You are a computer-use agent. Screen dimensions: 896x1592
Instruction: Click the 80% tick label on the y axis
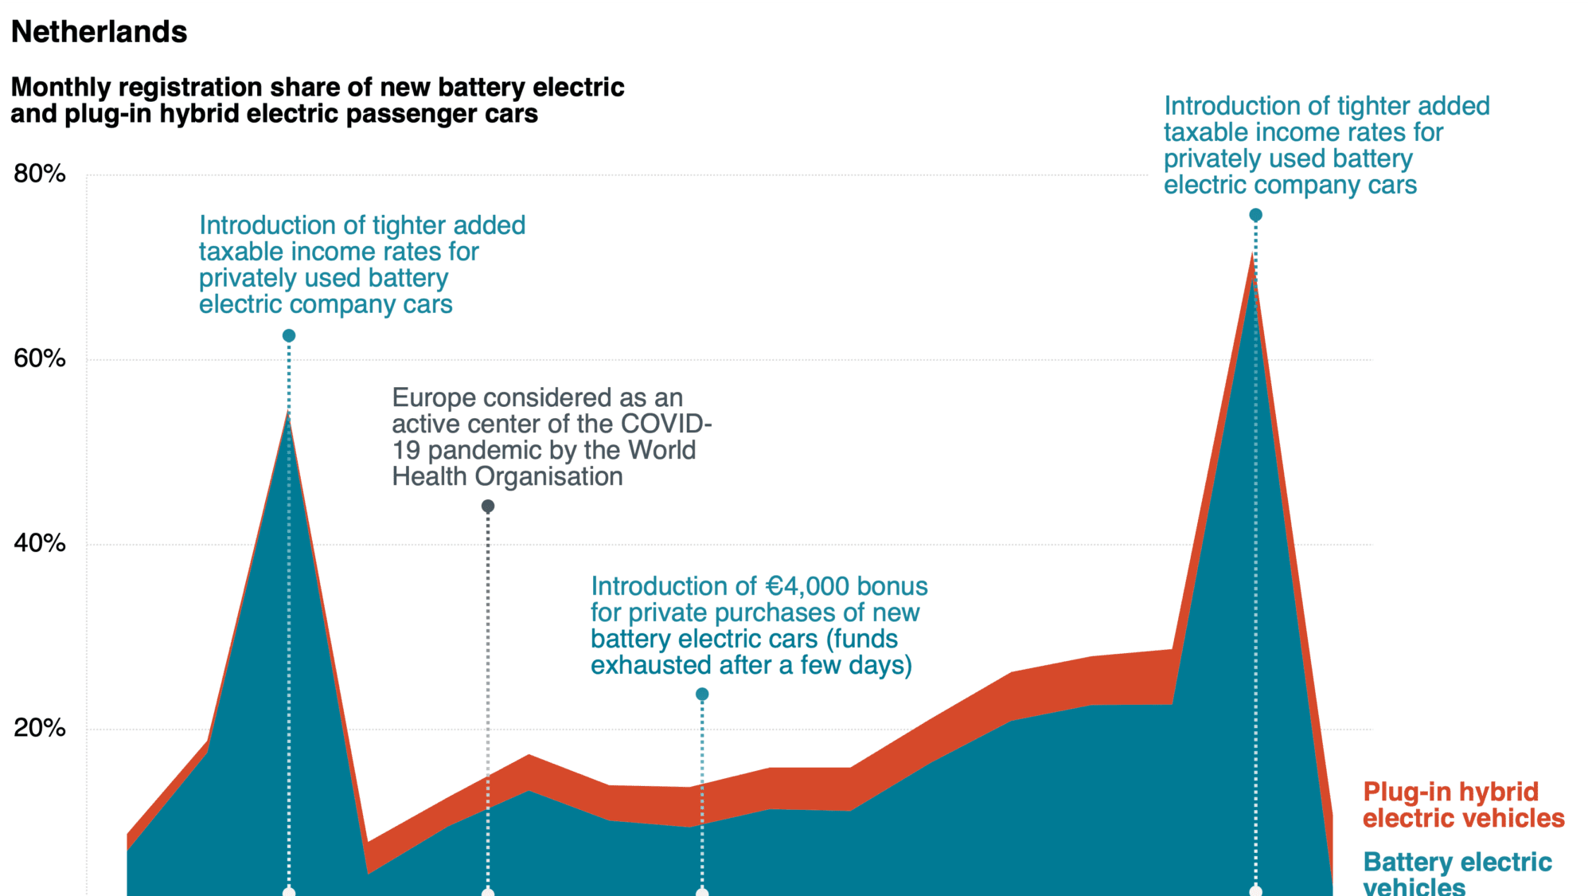[x=39, y=174]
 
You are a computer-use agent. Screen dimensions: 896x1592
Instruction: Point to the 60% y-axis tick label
[x=39, y=358]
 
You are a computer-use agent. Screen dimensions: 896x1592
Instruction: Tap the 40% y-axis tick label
[x=39, y=543]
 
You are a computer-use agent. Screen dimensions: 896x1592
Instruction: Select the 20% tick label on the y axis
[x=39, y=728]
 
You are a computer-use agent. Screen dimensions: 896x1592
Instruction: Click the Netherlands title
[x=99, y=32]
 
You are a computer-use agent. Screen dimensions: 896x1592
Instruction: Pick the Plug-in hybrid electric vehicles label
[x=1463, y=804]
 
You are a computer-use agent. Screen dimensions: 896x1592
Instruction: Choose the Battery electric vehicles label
[x=1457, y=873]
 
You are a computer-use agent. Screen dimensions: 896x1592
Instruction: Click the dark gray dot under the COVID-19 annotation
[x=488, y=506]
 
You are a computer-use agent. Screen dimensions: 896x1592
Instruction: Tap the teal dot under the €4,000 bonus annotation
[x=702, y=694]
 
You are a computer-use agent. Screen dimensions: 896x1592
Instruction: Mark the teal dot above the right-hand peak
[x=1255, y=215]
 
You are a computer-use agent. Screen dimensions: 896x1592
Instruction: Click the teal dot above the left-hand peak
[x=289, y=336]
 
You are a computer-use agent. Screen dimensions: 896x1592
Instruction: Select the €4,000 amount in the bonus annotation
[x=807, y=587]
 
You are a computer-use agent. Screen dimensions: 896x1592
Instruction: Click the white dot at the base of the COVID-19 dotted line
[x=488, y=892]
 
